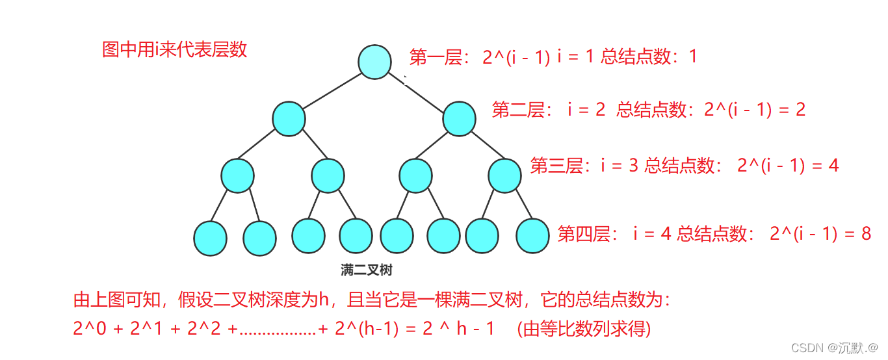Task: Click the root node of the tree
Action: point(374,62)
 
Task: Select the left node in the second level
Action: point(289,118)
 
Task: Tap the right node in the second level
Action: point(460,119)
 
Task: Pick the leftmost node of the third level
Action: point(237,175)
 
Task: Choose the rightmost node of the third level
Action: point(505,175)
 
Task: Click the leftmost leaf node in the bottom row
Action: point(211,238)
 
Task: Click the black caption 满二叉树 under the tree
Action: point(367,270)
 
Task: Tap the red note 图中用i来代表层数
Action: point(175,49)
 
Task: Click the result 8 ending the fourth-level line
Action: point(865,234)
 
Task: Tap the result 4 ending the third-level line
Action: point(833,166)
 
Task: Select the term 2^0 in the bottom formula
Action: point(87,329)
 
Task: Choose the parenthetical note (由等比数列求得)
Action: point(584,329)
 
